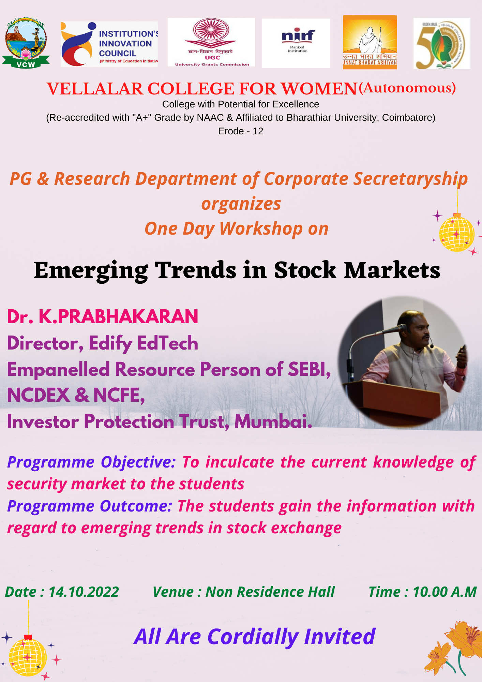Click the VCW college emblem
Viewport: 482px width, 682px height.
[26, 43]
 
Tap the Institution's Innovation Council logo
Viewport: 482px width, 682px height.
[109, 44]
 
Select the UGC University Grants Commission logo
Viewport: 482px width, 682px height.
[211, 42]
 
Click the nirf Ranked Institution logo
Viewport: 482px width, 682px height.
[296, 43]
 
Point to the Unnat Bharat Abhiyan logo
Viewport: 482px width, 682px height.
[370, 42]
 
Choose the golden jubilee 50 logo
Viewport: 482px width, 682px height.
[442, 43]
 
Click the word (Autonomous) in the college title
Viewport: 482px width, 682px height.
[407, 88]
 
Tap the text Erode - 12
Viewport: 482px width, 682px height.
[241, 131]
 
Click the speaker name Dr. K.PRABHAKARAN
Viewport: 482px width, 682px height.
[103, 317]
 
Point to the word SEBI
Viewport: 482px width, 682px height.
[310, 369]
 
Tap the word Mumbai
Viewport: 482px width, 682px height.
[273, 421]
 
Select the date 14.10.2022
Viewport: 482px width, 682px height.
[84, 592]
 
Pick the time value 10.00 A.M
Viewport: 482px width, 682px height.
[445, 592]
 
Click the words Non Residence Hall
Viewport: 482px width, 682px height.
[270, 592]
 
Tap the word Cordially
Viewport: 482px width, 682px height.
[253, 637]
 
